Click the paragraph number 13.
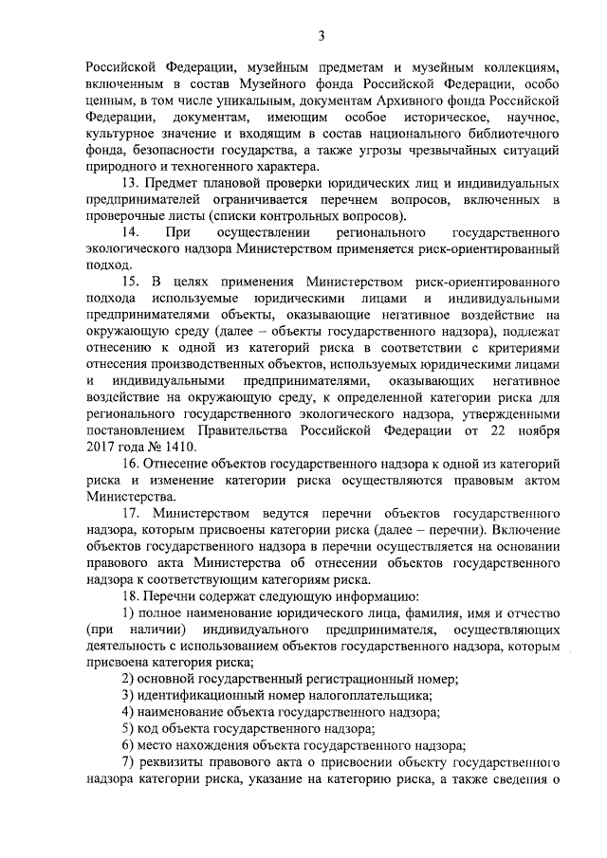131,182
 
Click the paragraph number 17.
131,512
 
